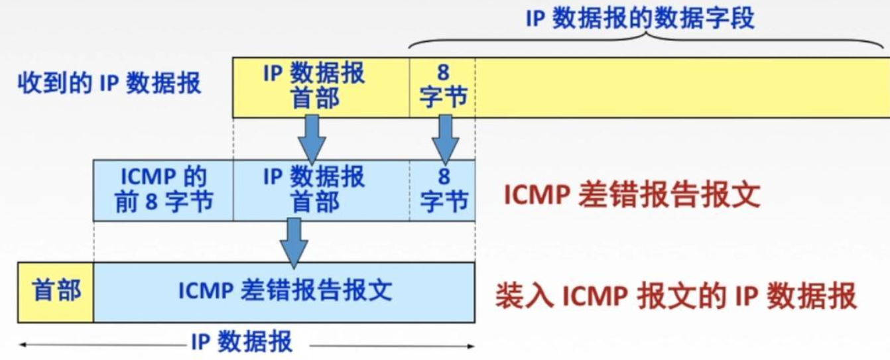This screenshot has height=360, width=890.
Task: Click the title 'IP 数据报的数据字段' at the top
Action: pyautogui.click(x=640, y=19)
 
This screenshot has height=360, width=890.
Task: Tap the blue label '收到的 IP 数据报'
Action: pyautogui.click(x=109, y=85)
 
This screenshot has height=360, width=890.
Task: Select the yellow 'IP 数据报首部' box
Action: pyautogui.click(x=320, y=86)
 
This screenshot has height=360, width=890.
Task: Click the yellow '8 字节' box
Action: pyautogui.click(x=442, y=86)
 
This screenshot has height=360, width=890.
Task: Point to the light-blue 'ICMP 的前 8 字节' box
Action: pyautogui.click(x=163, y=190)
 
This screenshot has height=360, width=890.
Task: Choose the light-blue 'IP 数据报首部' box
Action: pyautogui.click(x=320, y=190)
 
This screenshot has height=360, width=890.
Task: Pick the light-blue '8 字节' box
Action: pyautogui.click(x=442, y=190)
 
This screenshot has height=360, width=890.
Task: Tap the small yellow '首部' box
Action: pyautogui.click(x=56, y=292)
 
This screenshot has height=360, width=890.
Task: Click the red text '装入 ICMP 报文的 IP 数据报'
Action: pyautogui.click(x=676, y=297)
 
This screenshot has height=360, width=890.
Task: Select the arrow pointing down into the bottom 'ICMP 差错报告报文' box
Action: pyautogui.click(x=293, y=241)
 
